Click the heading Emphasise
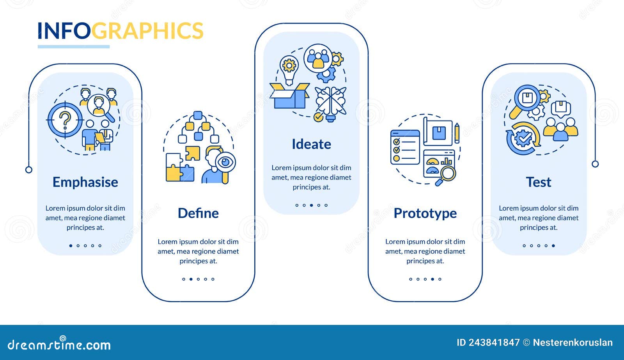click(x=85, y=182)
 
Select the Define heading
click(x=198, y=213)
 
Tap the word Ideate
click(x=311, y=144)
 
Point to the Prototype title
click(x=425, y=213)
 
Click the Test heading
click(x=539, y=182)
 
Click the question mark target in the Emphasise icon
click(x=65, y=120)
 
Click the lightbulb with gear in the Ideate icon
click(x=289, y=68)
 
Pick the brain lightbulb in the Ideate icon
click(x=331, y=103)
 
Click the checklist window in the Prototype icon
click(x=405, y=147)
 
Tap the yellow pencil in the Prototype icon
click(x=457, y=133)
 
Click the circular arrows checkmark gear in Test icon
click(x=523, y=138)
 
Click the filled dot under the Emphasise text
click(x=71, y=246)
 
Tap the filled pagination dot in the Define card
click(x=191, y=279)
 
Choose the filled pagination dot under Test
click(x=553, y=246)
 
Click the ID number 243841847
click(x=494, y=343)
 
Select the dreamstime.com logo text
click(x=59, y=345)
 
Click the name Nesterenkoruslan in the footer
click(x=573, y=343)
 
